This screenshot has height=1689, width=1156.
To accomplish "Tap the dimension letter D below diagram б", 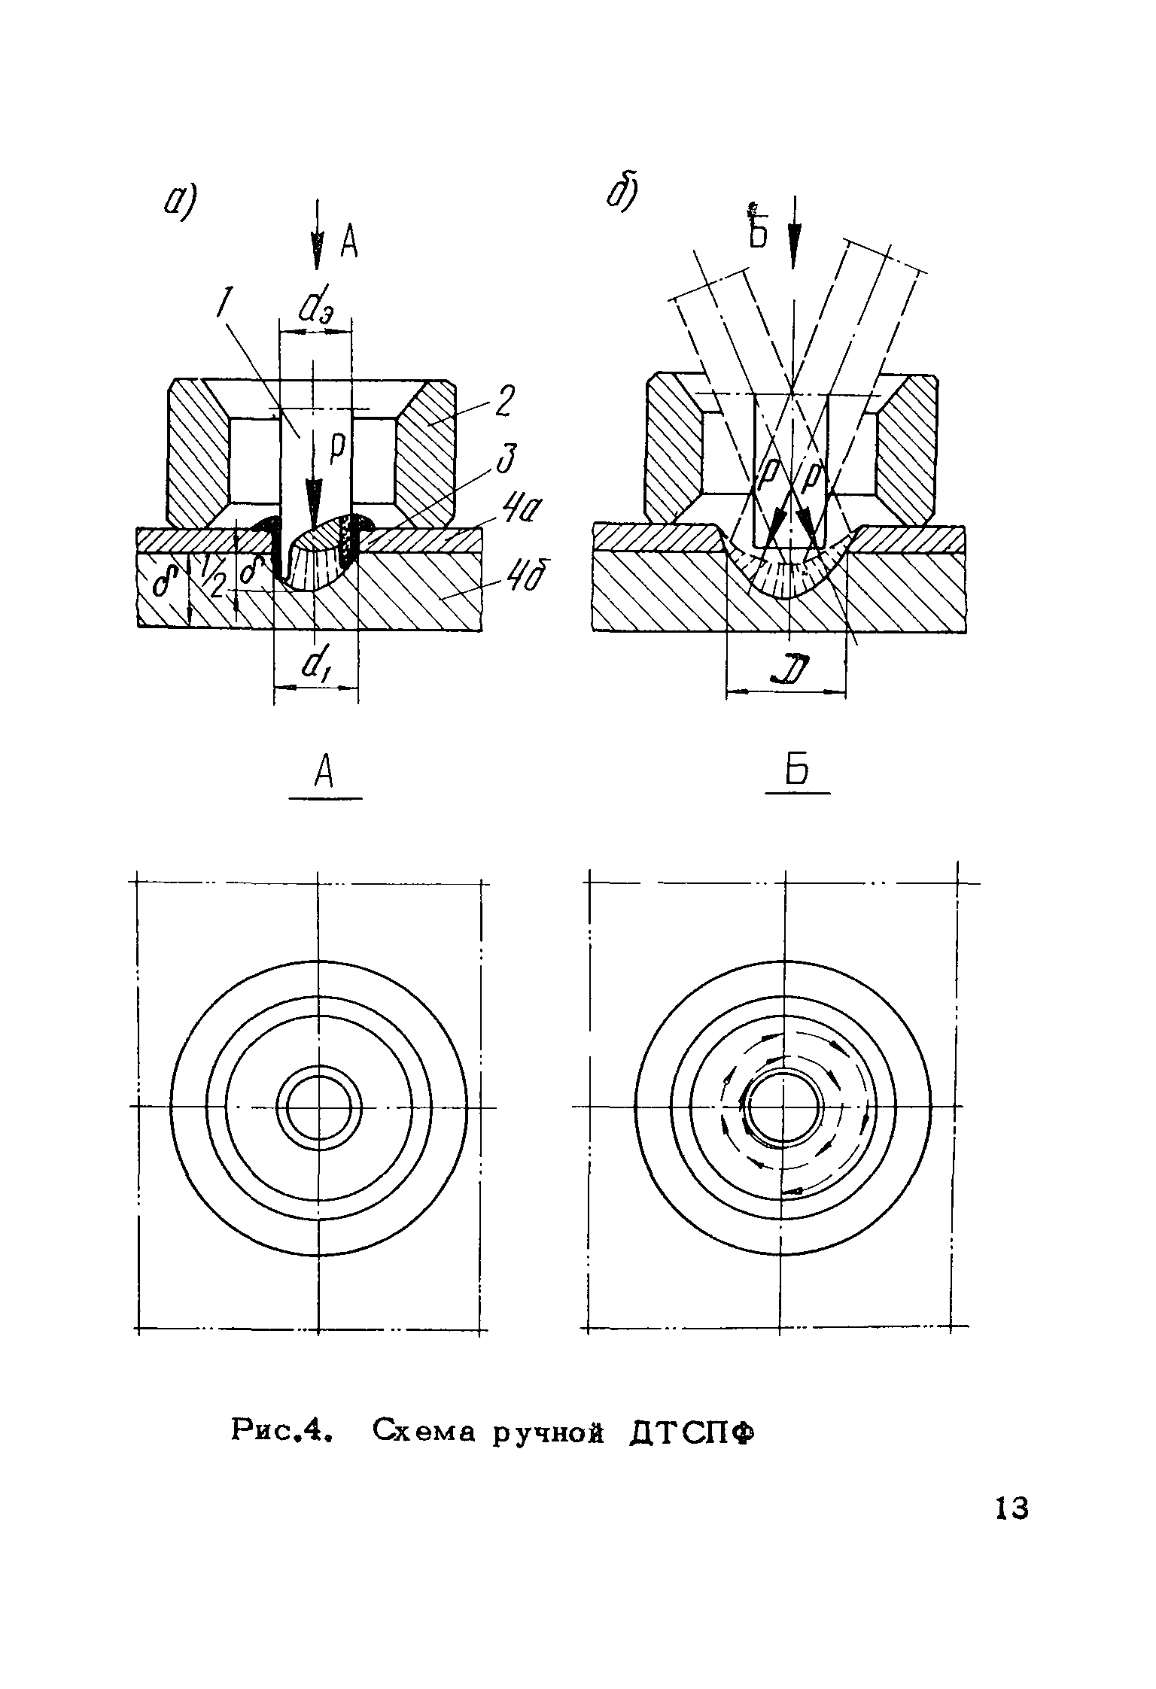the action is [x=789, y=669].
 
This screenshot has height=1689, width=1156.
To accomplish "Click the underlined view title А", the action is [x=324, y=773].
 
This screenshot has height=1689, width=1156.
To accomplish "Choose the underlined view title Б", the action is [x=799, y=771].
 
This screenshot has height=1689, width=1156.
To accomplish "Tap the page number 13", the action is [x=1011, y=1508].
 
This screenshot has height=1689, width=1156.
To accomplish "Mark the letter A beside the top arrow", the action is [x=348, y=242].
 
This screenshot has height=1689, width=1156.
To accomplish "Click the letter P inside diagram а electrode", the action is [x=336, y=447].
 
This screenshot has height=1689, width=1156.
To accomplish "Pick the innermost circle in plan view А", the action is [x=319, y=1107].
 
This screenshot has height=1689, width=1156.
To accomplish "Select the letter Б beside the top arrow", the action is [x=758, y=226].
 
